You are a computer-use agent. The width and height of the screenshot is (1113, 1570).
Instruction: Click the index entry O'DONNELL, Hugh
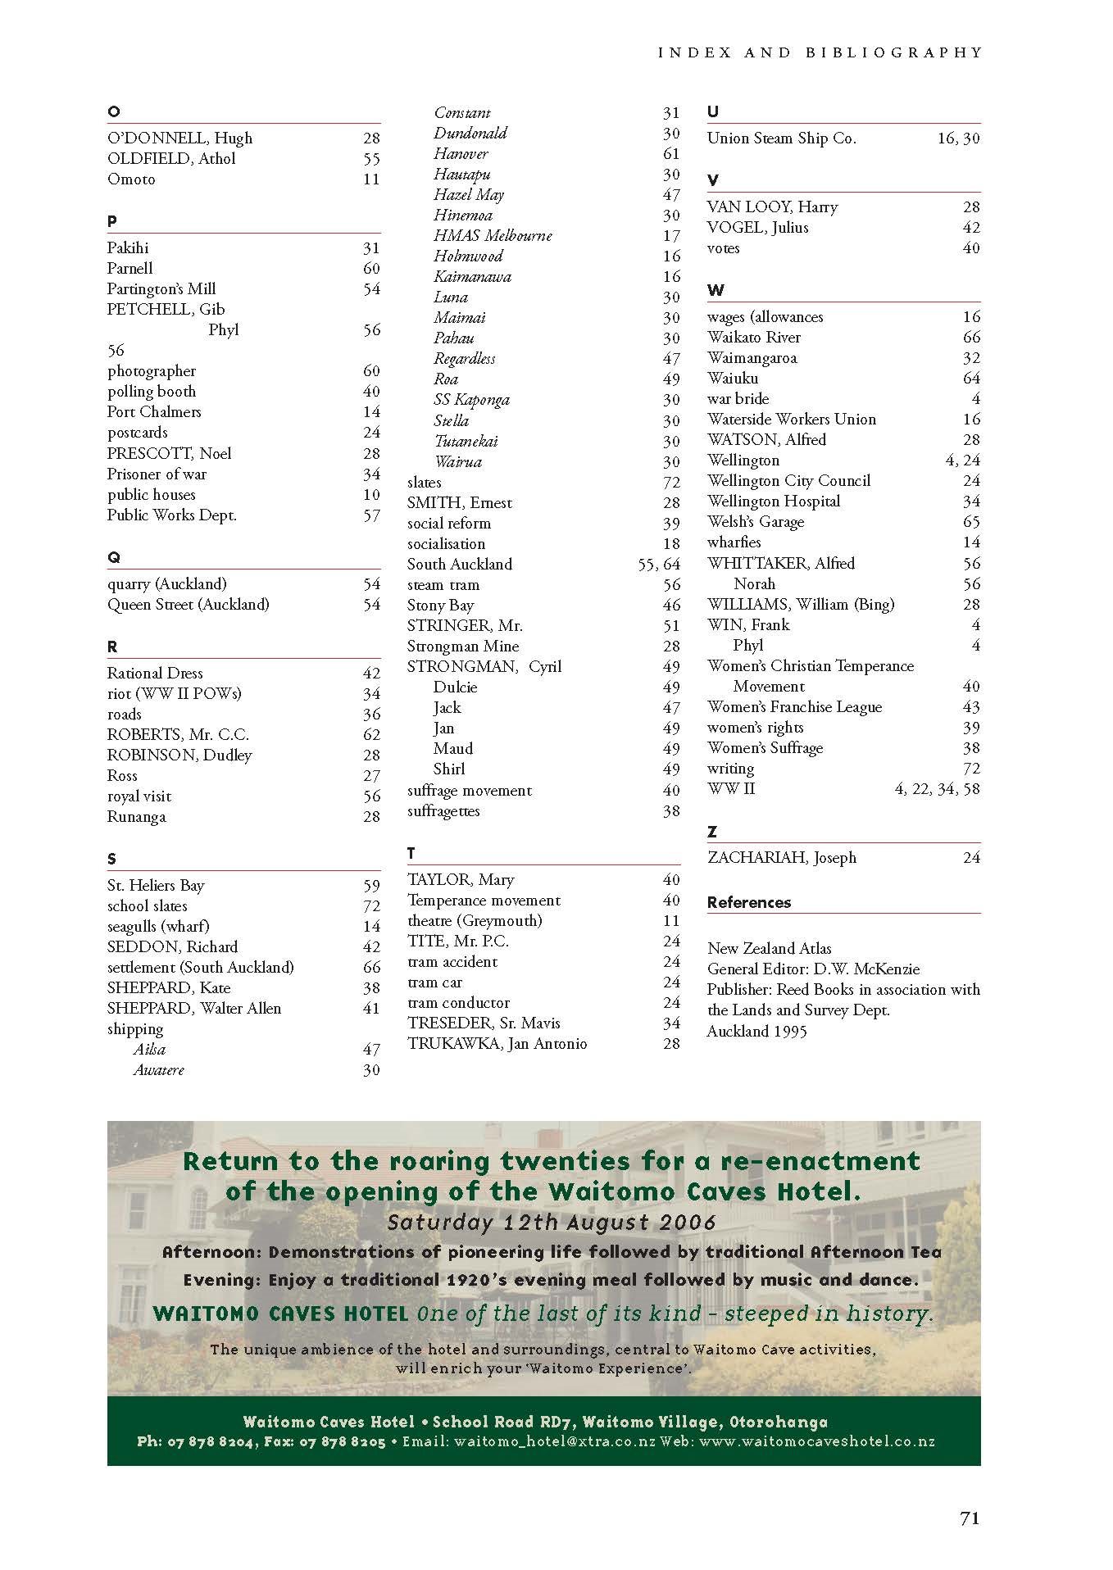tap(179, 138)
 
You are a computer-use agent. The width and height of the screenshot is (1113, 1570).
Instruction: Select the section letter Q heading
tap(113, 557)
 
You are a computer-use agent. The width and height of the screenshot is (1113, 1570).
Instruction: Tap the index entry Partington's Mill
tap(161, 288)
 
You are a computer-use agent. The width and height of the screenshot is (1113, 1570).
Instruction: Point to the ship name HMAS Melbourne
tap(493, 235)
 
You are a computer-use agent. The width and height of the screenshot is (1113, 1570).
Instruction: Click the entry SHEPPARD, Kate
tap(169, 987)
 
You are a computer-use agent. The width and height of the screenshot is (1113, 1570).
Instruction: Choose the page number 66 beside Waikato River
tap(970, 337)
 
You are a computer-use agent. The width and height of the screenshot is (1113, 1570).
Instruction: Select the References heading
tap(749, 902)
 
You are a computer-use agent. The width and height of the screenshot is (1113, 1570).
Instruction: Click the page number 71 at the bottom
tap(969, 1518)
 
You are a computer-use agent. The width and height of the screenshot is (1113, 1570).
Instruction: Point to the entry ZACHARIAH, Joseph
tap(782, 857)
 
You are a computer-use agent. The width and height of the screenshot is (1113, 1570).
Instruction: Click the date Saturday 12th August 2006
tap(552, 1222)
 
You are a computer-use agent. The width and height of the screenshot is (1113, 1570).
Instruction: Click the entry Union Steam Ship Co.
tap(781, 138)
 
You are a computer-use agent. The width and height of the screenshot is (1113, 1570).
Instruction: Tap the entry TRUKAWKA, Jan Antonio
tap(497, 1043)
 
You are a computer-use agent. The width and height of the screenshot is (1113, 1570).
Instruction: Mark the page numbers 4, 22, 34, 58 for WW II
tap(937, 789)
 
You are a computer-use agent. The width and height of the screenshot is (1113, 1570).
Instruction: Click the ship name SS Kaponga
tap(471, 400)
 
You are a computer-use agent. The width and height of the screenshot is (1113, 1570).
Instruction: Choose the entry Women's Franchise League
tap(794, 706)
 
